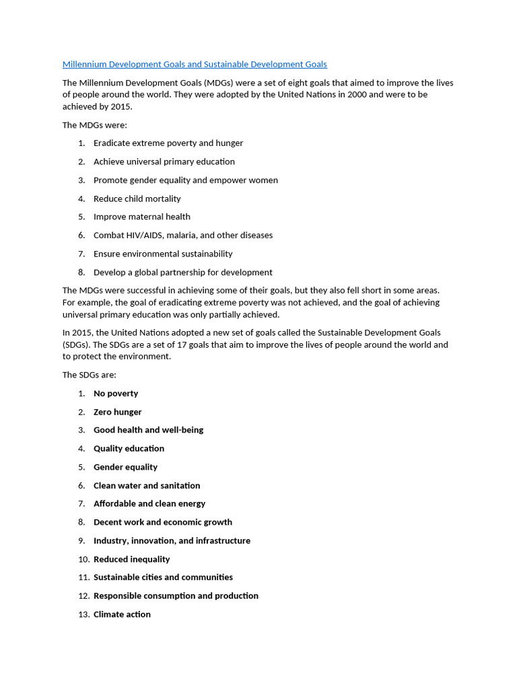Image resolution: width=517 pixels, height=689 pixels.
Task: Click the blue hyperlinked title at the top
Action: point(195,65)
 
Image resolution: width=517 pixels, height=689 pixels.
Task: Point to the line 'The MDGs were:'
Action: point(94,125)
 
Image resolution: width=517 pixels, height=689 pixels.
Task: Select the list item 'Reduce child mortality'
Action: point(137,198)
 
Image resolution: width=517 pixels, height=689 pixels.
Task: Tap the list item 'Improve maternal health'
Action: point(141,217)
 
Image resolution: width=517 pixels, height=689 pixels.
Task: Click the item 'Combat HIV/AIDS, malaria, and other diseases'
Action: point(182,235)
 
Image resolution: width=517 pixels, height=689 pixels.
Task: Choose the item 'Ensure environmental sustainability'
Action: point(162,254)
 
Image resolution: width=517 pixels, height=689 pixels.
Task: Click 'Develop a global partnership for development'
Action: point(182,273)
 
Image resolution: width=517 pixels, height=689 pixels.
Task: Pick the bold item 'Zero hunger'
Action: point(117,412)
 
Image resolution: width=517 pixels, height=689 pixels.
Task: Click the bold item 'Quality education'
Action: point(129,449)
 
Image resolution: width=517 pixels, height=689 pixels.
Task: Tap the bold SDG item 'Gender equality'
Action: point(125,467)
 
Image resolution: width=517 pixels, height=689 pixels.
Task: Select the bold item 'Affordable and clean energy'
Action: point(149,504)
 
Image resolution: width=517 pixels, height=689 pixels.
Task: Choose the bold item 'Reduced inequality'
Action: point(131,559)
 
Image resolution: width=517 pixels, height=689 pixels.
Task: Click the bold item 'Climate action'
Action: point(122,614)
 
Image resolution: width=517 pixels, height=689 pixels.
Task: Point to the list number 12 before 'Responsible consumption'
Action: point(83,596)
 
